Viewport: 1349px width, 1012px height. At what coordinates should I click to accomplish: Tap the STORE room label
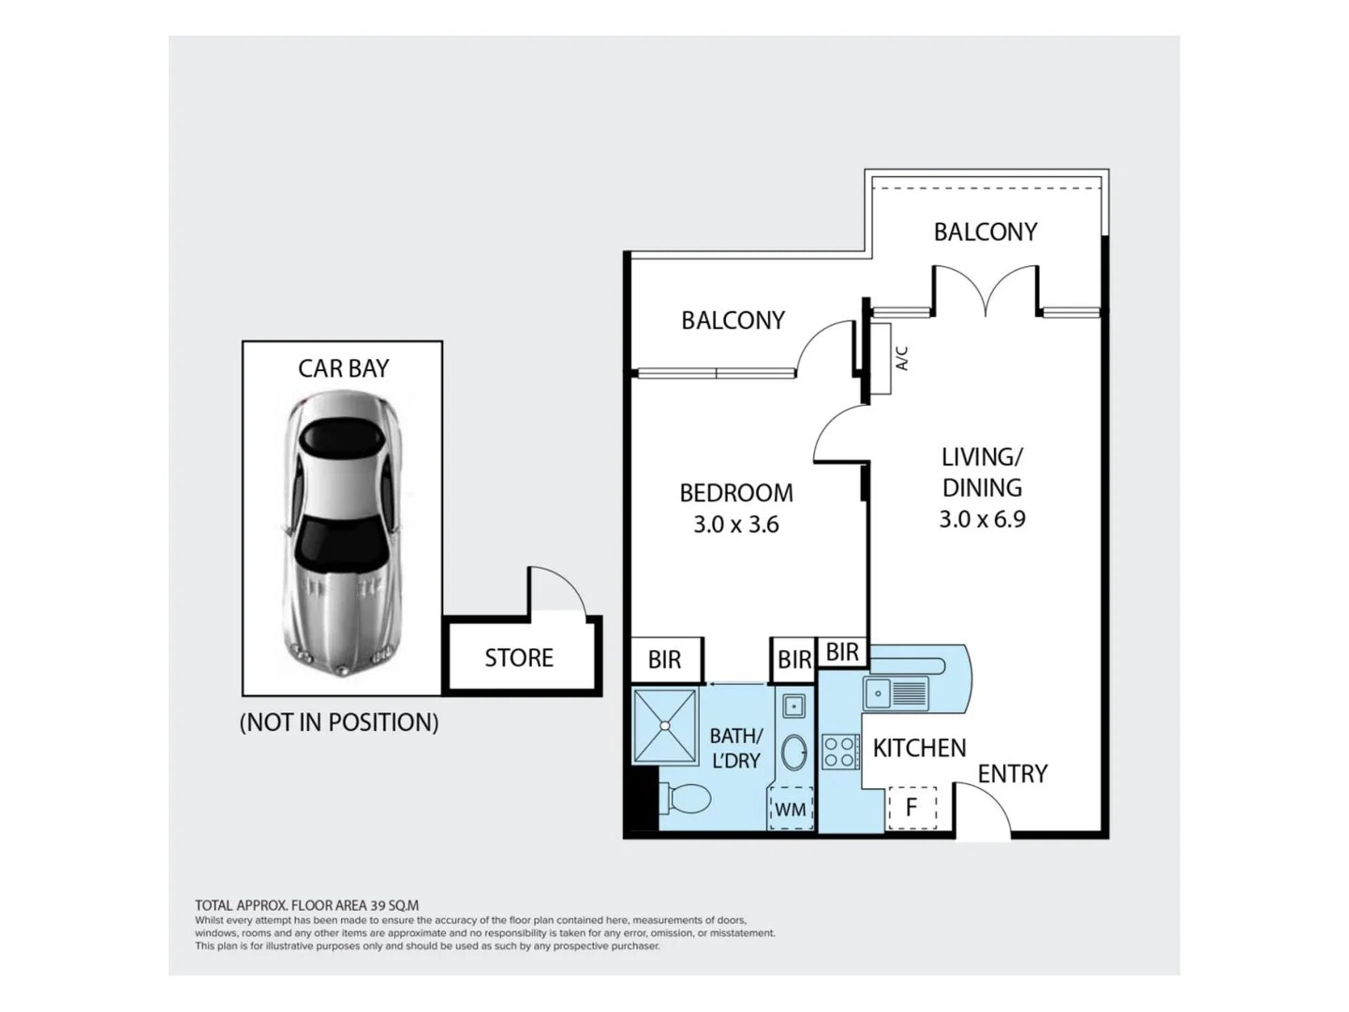point(519,658)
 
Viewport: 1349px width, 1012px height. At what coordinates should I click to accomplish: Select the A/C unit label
point(901,358)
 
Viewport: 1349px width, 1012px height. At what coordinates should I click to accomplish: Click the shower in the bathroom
point(665,726)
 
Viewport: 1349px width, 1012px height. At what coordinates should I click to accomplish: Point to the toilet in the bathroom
point(685,798)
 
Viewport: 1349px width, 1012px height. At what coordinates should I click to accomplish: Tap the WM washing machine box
point(792,808)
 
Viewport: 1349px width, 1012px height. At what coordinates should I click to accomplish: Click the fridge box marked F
point(912,808)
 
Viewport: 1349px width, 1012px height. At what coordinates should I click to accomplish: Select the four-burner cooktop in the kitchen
point(839,752)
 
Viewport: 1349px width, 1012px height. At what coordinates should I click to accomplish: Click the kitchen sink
point(897,693)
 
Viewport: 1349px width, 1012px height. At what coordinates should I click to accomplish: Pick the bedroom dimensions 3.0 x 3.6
point(736,525)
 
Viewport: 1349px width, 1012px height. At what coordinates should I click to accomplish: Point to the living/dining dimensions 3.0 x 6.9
point(982,519)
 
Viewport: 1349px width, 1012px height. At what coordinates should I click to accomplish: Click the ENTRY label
point(1012,774)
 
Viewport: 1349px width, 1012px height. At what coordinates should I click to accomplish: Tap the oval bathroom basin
point(794,752)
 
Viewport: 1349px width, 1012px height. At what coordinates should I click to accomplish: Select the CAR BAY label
point(344,368)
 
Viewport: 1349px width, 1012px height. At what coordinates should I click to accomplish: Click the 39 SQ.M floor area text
point(394,905)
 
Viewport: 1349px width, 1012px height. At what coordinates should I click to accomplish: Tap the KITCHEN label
point(919,748)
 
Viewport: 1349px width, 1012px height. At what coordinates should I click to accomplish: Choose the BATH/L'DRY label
point(736,748)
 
